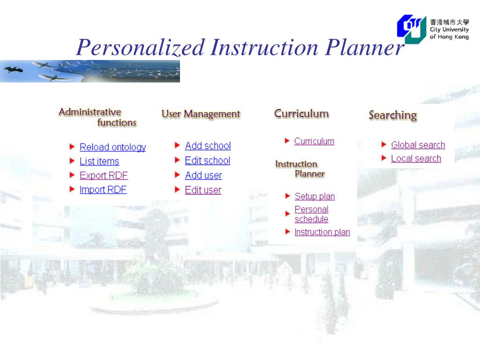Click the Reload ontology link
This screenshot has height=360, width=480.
point(112,147)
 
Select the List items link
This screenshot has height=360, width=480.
point(99,161)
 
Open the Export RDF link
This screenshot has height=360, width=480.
point(104,175)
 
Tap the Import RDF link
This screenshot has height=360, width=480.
point(103,190)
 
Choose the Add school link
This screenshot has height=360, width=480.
point(208,146)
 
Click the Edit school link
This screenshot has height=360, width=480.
point(208,160)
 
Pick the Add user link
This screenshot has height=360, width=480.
point(203,175)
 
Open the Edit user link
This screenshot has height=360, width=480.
point(203,190)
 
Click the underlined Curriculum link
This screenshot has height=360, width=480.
point(314,141)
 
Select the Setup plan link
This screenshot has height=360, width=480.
point(315,196)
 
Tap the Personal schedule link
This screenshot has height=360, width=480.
point(311,214)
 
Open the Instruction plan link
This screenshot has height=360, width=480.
point(322,232)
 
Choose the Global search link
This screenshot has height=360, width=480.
point(418,145)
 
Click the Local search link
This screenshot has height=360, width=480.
point(416,158)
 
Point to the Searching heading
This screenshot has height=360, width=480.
point(393,115)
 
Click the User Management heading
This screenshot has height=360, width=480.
point(201,114)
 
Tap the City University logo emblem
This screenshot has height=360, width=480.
point(412,29)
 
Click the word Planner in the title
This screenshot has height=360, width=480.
point(365,47)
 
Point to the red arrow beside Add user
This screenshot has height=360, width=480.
point(177,174)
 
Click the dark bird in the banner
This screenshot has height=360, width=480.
point(13,70)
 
